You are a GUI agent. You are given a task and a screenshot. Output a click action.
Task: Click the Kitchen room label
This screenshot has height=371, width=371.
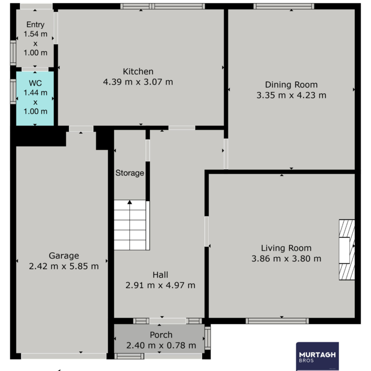point(138,71)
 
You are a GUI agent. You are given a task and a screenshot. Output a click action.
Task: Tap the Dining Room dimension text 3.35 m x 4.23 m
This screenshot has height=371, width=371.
point(291,95)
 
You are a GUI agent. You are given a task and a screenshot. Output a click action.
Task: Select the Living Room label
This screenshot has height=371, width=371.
point(286,248)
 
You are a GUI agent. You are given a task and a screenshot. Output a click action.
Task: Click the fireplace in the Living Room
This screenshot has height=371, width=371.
point(347,250)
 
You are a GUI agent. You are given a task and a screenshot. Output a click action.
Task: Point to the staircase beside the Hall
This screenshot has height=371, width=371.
point(132,225)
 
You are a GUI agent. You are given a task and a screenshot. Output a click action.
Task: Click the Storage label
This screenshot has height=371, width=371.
point(130,173)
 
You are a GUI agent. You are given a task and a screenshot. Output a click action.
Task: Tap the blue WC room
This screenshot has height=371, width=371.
point(35,98)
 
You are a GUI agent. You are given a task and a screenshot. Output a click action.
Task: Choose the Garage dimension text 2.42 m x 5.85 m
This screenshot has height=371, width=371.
point(64,266)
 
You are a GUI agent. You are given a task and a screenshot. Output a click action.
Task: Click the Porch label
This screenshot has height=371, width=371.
point(161,335)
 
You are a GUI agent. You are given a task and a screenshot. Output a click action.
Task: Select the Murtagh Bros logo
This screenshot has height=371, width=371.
point(317,356)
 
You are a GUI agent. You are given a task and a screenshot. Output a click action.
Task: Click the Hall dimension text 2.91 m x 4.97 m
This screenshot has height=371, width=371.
point(160,285)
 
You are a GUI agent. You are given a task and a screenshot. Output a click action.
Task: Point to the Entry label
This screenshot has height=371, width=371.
point(36,25)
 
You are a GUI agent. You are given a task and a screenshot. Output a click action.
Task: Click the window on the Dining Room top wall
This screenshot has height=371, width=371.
point(283,6)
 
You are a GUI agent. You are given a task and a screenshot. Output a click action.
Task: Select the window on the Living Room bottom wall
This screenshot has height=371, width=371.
point(277,321)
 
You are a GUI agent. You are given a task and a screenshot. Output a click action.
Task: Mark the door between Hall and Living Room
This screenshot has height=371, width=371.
point(206,232)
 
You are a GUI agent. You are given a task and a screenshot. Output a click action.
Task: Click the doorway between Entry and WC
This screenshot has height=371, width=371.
point(35,69)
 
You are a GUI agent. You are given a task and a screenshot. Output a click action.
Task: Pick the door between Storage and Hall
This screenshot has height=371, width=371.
point(147,150)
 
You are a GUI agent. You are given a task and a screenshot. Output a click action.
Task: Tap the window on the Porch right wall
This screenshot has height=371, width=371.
point(207,338)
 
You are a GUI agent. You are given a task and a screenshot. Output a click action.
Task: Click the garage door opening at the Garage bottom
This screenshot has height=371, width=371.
point(64,356)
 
